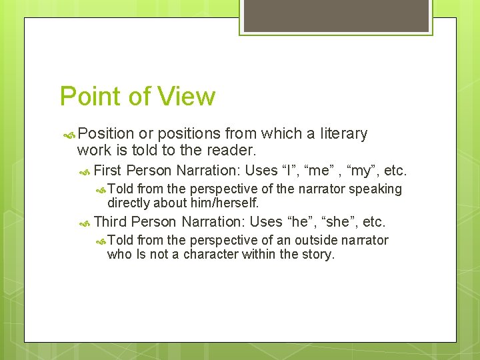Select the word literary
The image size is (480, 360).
coord(343,133)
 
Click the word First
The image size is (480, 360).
coord(108,170)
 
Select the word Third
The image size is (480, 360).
coord(111,221)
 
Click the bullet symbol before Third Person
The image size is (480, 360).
coord(85,222)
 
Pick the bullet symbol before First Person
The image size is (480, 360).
coord(85,171)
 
